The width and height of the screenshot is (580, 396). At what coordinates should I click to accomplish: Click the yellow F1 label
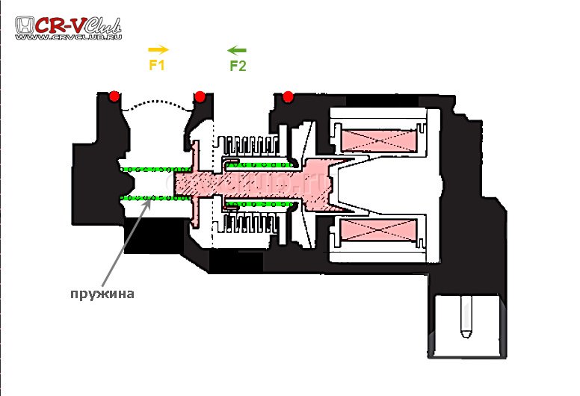157,65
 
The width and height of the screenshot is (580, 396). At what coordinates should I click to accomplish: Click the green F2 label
238,66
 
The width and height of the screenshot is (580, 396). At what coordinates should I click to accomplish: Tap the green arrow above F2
237,50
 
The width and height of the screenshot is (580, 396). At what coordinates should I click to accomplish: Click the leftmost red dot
114,96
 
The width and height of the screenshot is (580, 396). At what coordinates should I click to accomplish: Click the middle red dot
200,96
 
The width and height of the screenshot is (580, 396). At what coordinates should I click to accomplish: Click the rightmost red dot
288,96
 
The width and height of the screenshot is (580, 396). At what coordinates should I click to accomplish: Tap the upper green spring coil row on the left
149,169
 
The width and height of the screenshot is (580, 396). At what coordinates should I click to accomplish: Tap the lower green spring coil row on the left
149,197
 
